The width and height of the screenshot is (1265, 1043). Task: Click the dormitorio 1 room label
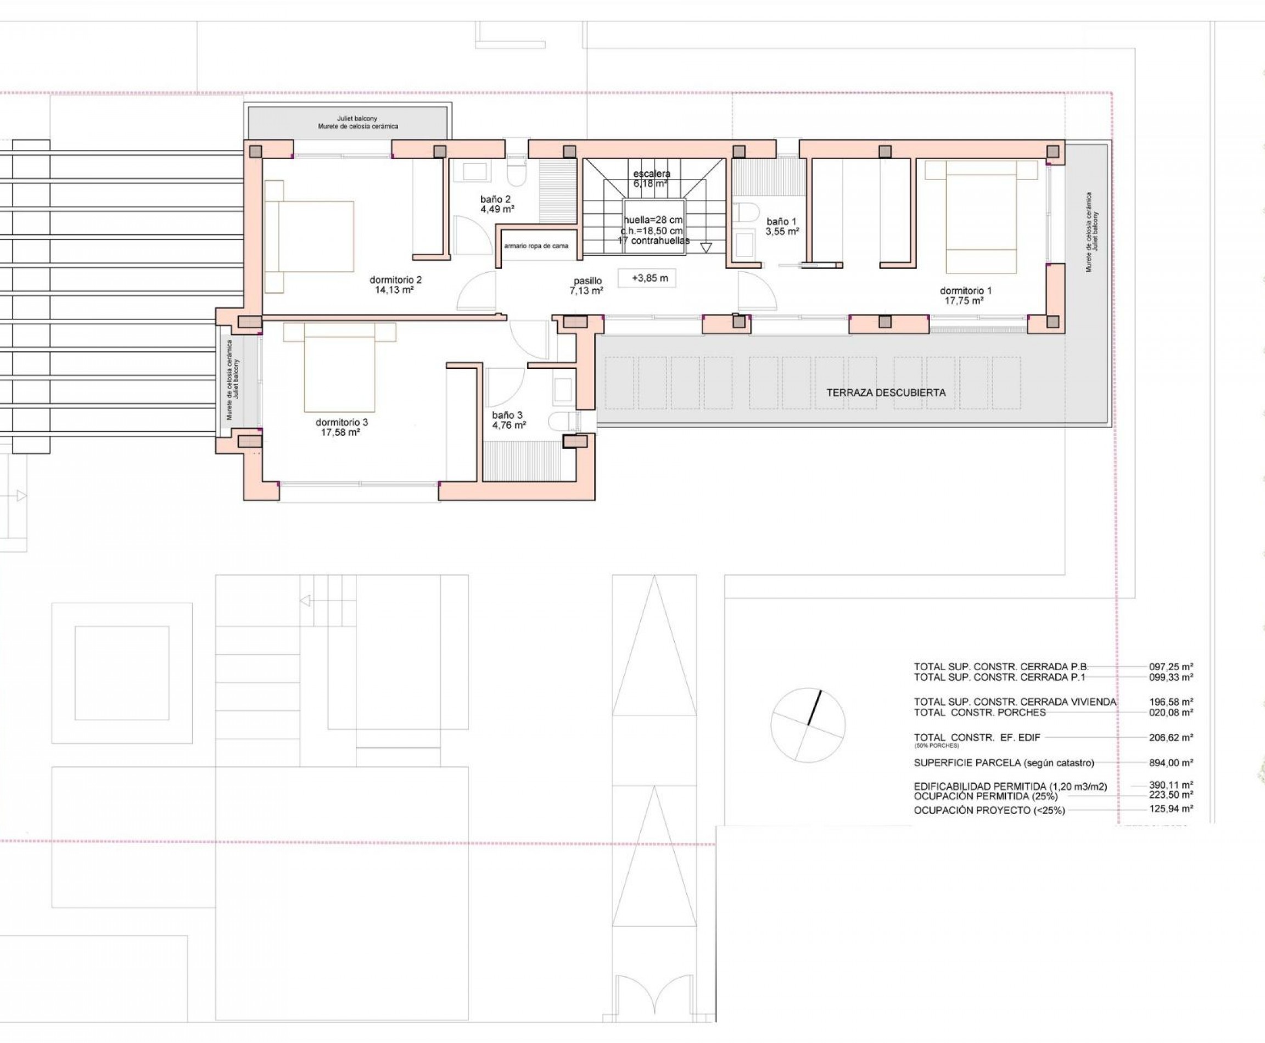click(x=965, y=295)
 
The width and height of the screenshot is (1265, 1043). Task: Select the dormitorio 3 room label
click(x=342, y=427)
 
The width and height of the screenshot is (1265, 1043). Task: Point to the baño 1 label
click(x=782, y=226)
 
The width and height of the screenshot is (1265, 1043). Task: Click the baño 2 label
click(x=496, y=204)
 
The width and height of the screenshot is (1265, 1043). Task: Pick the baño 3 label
click(x=508, y=420)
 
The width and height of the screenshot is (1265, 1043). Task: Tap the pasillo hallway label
click(x=586, y=285)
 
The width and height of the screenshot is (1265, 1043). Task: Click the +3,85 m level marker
click(x=647, y=278)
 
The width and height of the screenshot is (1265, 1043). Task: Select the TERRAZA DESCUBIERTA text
click(x=886, y=393)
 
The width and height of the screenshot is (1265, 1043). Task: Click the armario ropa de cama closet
click(x=536, y=246)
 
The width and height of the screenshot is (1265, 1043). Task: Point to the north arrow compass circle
click(x=808, y=725)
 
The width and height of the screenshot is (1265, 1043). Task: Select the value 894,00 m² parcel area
click(x=1171, y=762)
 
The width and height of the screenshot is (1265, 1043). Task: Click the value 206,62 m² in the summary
click(x=1171, y=737)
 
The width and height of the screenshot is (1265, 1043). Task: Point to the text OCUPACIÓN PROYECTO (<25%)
click(x=989, y=810)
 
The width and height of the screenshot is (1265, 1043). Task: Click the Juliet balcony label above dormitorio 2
click(x=357, y=122)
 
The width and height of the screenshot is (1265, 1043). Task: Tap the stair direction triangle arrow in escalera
click(x=706, y=248)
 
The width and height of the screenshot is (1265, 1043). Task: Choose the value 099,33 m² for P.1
click(x=1171, y=677)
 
